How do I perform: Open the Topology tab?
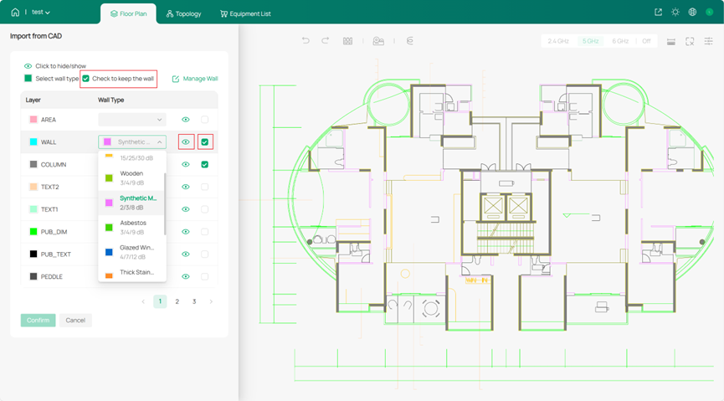click(183, 13)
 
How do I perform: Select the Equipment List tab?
click(246, 13)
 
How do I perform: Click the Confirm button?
click(38, 320)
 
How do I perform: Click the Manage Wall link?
click(195, 79)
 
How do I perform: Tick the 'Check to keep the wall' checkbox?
click(85, 79)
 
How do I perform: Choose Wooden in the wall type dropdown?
click(131, 177)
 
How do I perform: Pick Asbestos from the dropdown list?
click(133, 227)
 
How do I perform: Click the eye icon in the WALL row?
click(186, 142)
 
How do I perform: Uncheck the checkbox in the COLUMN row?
click(205, 165)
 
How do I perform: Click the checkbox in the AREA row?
click(205, 120)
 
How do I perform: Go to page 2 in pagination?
click(177, 301)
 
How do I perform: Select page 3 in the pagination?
click(194, 301)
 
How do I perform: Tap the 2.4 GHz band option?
click(558, 41)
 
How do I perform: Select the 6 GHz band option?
click(620, 41)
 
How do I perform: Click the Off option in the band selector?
click(645, 41)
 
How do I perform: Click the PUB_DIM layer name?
click(54, 232)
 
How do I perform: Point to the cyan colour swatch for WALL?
click(33, 142)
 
